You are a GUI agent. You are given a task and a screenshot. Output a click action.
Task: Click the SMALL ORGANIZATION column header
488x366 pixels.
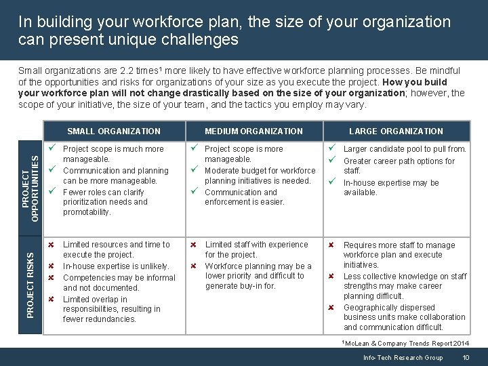114,131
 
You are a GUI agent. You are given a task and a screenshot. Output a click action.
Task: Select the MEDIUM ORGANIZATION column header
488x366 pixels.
253,131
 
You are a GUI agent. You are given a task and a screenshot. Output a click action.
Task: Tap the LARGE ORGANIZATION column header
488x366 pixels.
396,131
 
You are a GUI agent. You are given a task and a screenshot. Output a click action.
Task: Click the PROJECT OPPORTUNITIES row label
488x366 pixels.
30,180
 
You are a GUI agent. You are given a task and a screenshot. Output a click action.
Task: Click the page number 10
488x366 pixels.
466,358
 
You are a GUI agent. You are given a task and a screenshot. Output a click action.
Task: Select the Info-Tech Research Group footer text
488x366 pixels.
403,358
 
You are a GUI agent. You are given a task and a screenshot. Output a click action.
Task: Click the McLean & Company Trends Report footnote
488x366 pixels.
407,344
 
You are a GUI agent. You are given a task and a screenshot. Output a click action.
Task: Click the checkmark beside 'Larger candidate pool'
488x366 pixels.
332,148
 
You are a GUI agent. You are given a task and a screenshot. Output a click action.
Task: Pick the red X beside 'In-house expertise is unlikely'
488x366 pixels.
50,266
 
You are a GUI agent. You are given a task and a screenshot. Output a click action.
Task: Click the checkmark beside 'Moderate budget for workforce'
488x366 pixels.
195,170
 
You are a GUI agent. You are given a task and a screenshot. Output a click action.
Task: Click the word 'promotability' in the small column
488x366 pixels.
86,212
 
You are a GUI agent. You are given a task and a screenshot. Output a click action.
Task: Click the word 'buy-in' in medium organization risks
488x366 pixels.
249,286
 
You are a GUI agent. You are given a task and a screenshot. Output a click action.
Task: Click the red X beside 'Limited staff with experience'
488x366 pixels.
193,245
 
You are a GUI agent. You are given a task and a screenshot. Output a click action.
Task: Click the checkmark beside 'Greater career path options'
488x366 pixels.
332,161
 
